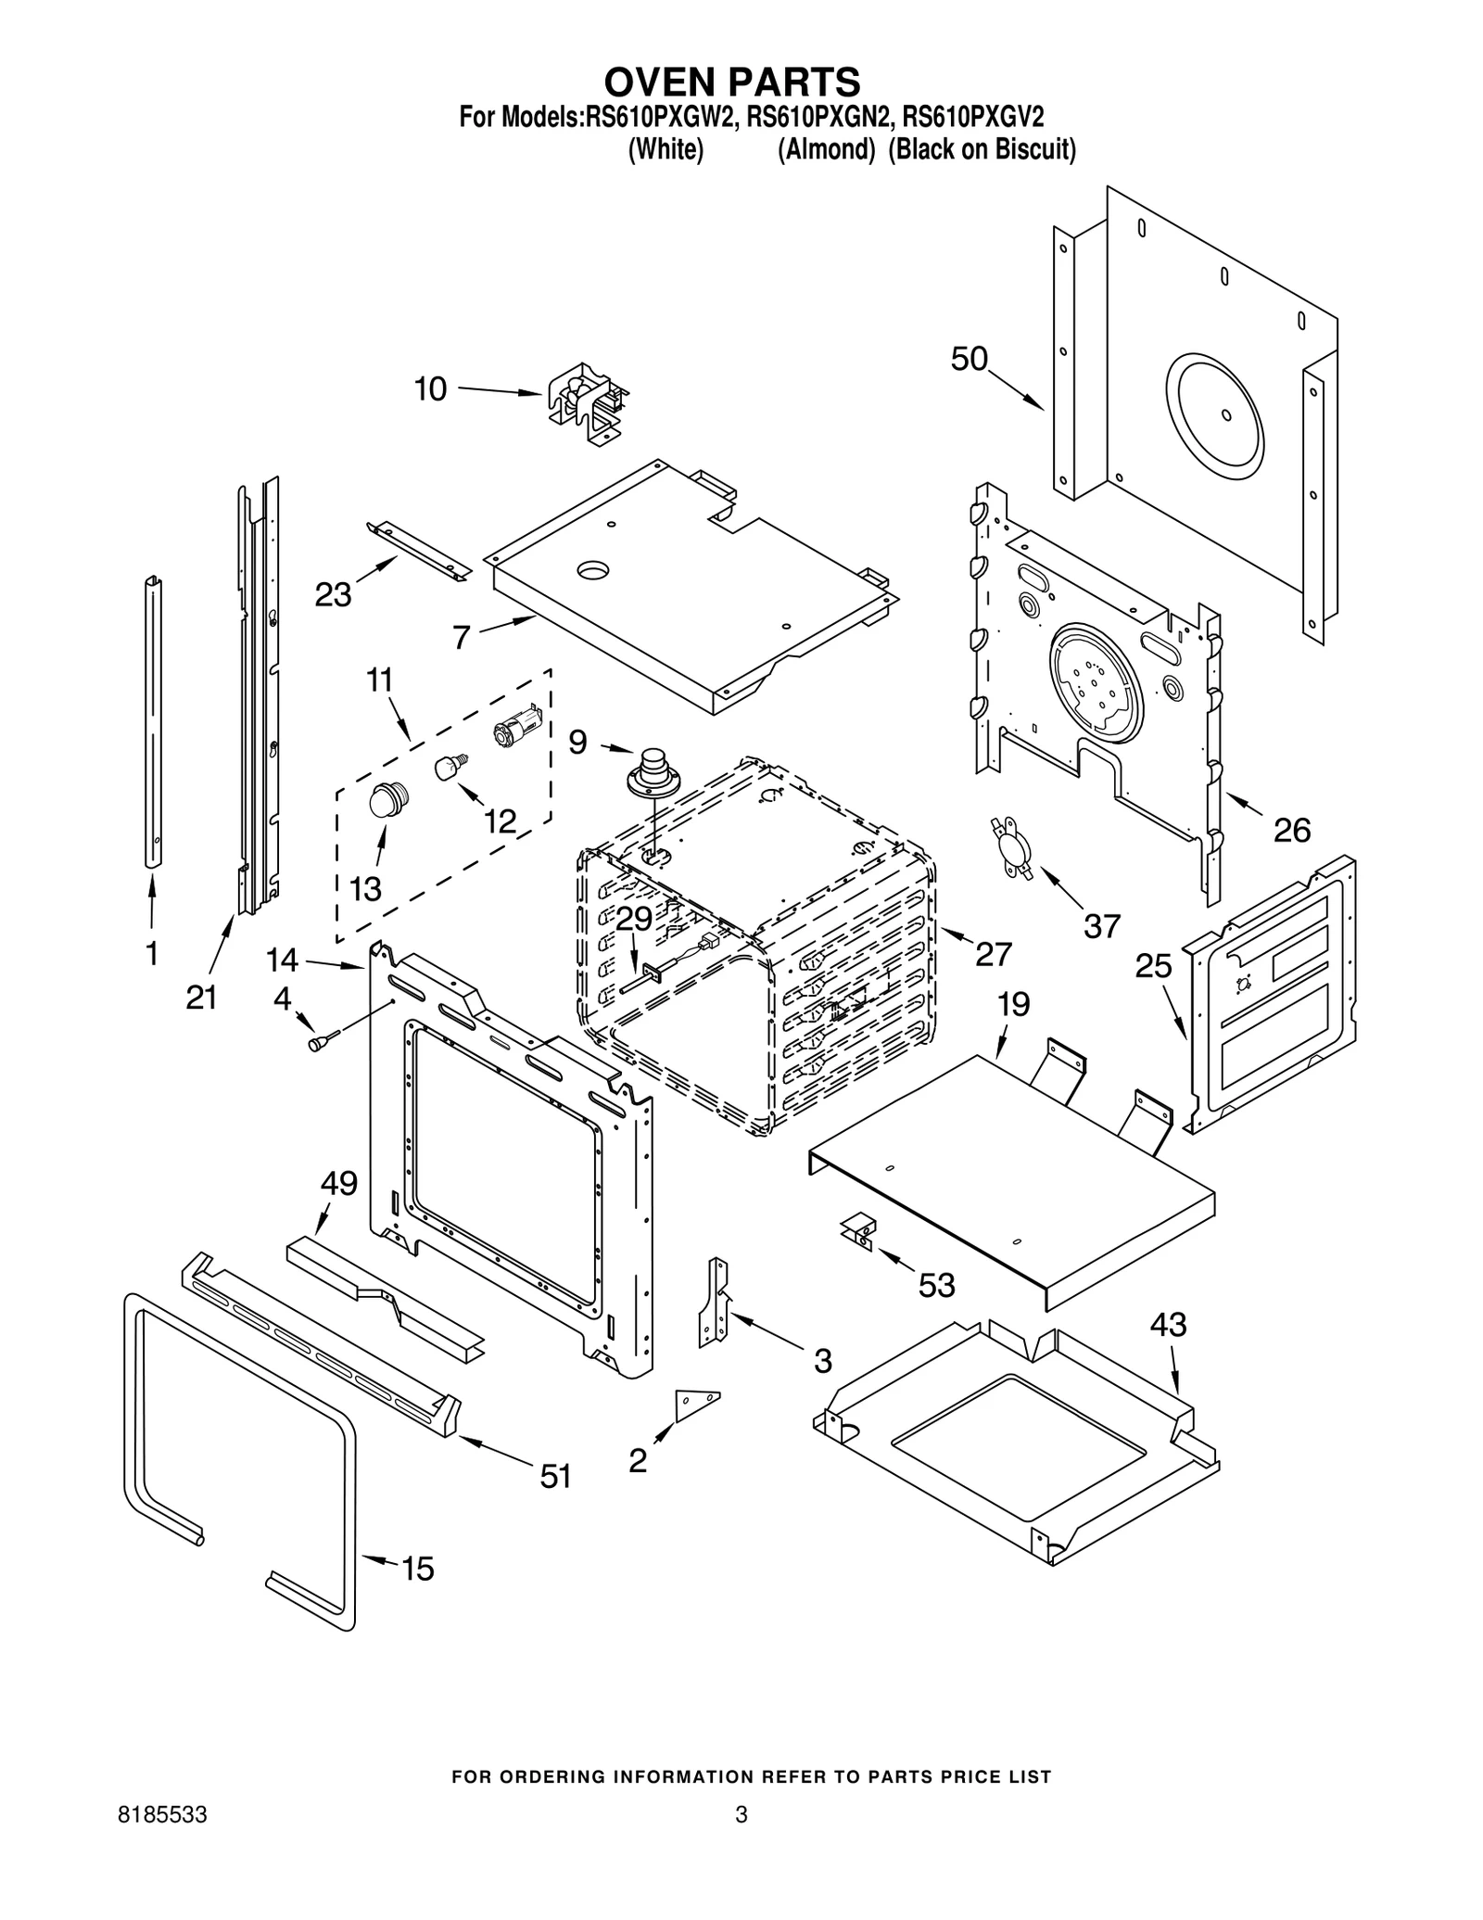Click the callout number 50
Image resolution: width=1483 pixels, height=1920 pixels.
pyautogui.click(x=969, y=359)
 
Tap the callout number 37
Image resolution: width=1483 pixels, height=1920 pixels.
pyautogui.click(x=1102, y=924)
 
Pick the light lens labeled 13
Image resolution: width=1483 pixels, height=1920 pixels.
pyautogui.click(x=387, y=799)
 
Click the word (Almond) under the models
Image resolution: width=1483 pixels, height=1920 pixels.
pyautogui.click(x=826, y=149)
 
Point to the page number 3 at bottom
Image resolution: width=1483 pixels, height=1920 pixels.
pyautogui.click(x=741, y=1841)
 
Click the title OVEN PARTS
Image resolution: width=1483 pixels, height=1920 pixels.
pyautogui.click(x=732, y=82)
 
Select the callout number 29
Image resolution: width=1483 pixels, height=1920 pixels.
pyautogui.click(x=634, y=918)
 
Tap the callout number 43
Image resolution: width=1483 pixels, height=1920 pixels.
pyautogui.click(x=1168, y=1325)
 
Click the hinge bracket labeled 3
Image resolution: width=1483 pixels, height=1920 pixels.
pyautogui.click(x=715, y=1301)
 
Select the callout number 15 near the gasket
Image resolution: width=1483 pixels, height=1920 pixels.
pyautogui.click(x=417, y=1569)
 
